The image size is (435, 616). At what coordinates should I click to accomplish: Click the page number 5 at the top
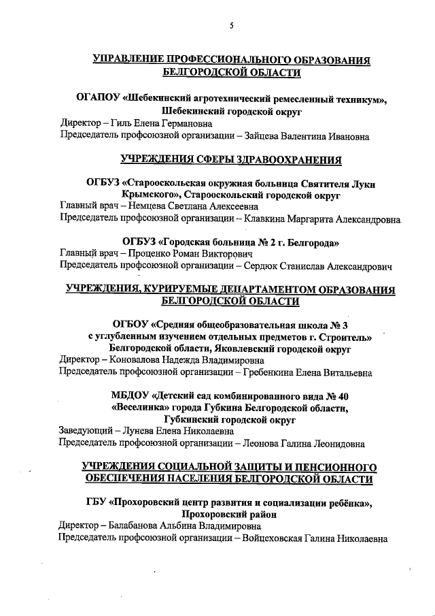[x=231, y=26]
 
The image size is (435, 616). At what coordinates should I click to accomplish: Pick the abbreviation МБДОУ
[x=129, y=397]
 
